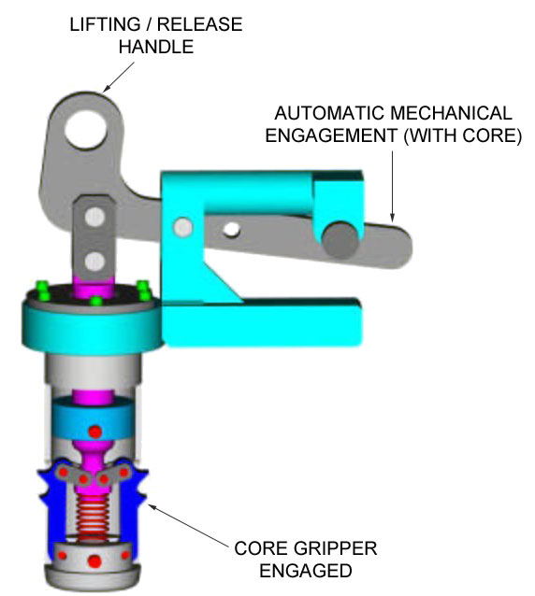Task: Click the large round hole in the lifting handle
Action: (86, 129)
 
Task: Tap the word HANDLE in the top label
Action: (156, 47)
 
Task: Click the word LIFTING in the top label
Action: (106, 24)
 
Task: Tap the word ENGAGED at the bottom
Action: (306, 571)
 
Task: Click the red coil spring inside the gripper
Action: (93, 518)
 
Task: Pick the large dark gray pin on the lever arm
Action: (340, 240)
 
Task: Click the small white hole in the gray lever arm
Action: (231, 230)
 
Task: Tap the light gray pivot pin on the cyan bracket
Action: (183, 227)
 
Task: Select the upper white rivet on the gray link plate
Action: (94, 217)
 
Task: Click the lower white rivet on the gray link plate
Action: (94, 262)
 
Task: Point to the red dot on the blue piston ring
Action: (94, 432)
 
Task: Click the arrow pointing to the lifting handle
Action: (119, 77)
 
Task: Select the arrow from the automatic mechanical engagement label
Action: (392, 186)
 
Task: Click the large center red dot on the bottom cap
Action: (94, 561)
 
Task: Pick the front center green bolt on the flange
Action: (96, 302)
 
